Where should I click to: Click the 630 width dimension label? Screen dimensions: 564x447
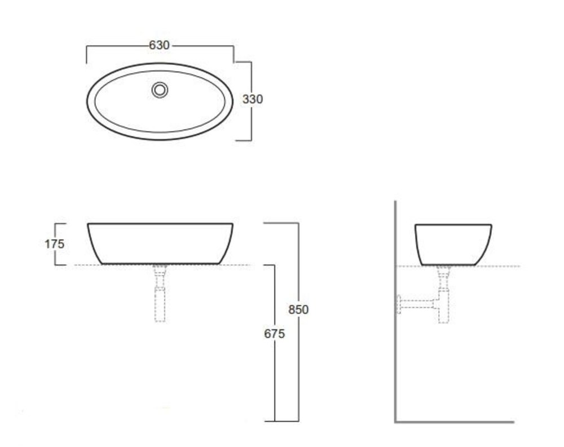click(159, 45)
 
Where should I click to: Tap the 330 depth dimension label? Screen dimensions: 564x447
click(253, 99)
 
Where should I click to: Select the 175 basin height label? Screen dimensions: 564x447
click(54, 244)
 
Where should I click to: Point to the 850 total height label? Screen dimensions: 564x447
click(298, 309)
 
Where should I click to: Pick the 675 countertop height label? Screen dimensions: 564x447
click(275, 334)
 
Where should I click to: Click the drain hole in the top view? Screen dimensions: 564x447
click(160, 90)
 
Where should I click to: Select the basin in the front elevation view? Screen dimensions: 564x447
click(160, 224)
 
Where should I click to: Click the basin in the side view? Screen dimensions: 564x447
click(453, 225)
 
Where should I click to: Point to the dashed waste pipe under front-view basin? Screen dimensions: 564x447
click(160, 293)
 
